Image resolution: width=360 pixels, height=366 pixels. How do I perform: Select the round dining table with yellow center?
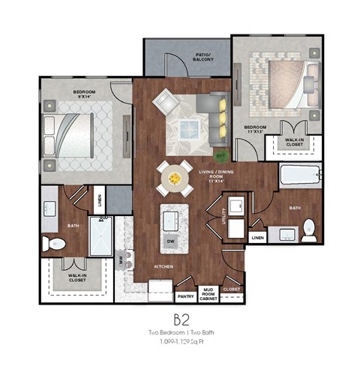pyautogui.click(x=174, y=178)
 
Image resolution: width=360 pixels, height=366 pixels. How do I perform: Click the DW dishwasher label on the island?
pyautogui.click(x=170, y=241)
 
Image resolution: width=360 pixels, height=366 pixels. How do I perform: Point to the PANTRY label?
pyautogui.click(x=186, y=295)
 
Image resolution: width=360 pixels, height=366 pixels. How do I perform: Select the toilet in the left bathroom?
pyautogui.click(x=52, y=242)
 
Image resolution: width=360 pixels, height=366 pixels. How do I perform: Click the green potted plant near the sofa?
pyautogui.click(x=222, y=155)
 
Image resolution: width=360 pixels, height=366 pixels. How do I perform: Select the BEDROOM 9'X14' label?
pyautogui.click(x=83, y=94)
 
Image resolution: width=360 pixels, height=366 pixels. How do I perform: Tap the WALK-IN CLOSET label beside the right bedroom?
pyautogui.click(x=295, y=142)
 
